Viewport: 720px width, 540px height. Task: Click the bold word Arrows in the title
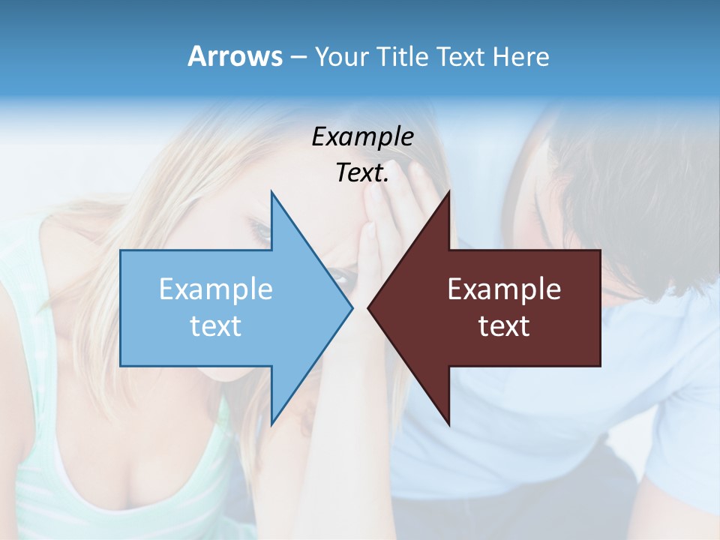(235, 56)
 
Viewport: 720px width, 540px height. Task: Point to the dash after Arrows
(298, 58)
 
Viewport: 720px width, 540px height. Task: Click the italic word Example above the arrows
(362, 137)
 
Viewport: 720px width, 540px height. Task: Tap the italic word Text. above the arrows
(362, 173)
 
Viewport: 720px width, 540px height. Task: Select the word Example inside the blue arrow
(216, 289)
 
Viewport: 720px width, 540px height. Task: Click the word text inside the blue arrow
(216, 326)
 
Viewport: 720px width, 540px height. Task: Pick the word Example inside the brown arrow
(504, 289)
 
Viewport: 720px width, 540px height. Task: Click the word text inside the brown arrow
(504, 326)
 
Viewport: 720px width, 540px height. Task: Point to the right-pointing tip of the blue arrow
(351, 307)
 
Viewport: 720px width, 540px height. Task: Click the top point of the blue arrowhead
(272, 193)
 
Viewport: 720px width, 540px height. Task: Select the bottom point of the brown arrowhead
(448, 424)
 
